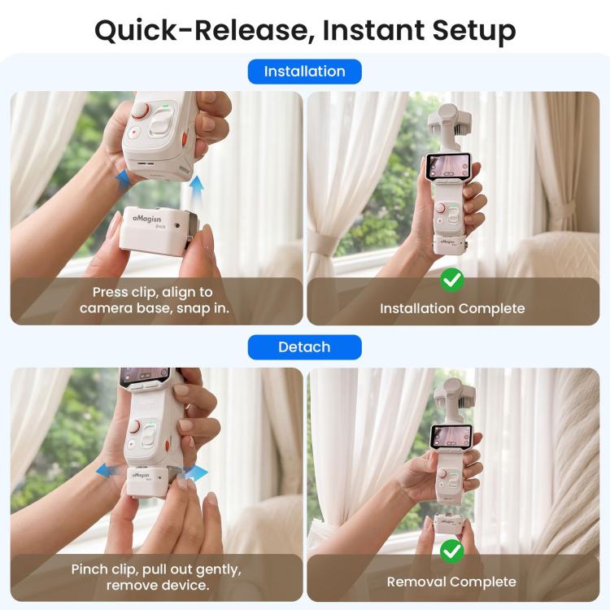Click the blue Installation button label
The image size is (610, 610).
(x=305, y=72)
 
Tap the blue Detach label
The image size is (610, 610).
(x=305, y=347)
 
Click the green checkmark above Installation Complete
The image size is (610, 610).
(x=452, y=280)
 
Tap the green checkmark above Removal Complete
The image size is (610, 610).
(x=452, y=551)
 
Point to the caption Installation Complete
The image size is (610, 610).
(x=452, y=308)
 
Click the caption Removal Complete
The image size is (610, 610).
(x=451, y=582)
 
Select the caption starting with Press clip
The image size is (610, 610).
(x=155, y=300)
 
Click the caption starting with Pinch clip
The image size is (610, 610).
(x=156, y=577)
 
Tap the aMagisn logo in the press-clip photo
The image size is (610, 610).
(x=146, y=219)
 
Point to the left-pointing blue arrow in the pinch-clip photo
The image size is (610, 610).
(x=108, y=470)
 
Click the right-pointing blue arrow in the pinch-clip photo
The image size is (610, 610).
(x=197, y=473)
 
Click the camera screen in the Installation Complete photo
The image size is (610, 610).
(x=447, y=165)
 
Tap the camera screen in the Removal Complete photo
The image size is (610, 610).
(x=451, y=435)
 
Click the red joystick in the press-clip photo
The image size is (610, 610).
(x=140, y=110)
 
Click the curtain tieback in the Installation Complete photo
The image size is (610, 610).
(x=321, y=245)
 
